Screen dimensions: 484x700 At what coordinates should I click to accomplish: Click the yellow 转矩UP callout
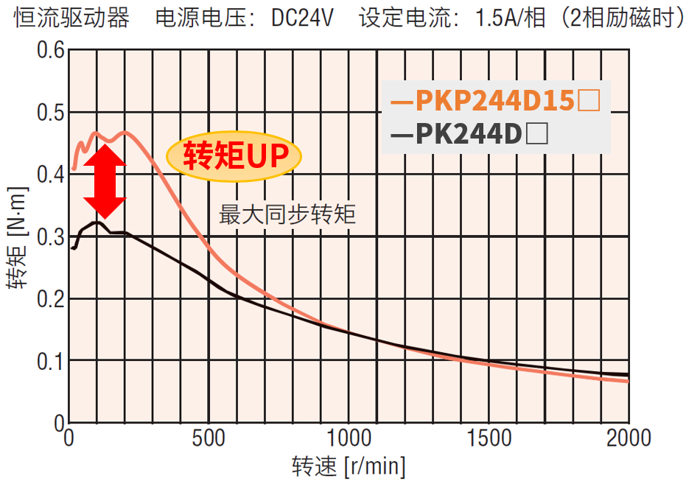[234, 155]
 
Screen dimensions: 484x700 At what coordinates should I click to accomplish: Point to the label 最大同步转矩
[287, 215]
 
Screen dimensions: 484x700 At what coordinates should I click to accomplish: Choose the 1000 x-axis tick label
[348, 438]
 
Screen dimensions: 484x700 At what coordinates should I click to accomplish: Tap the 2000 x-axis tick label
[627, 438]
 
